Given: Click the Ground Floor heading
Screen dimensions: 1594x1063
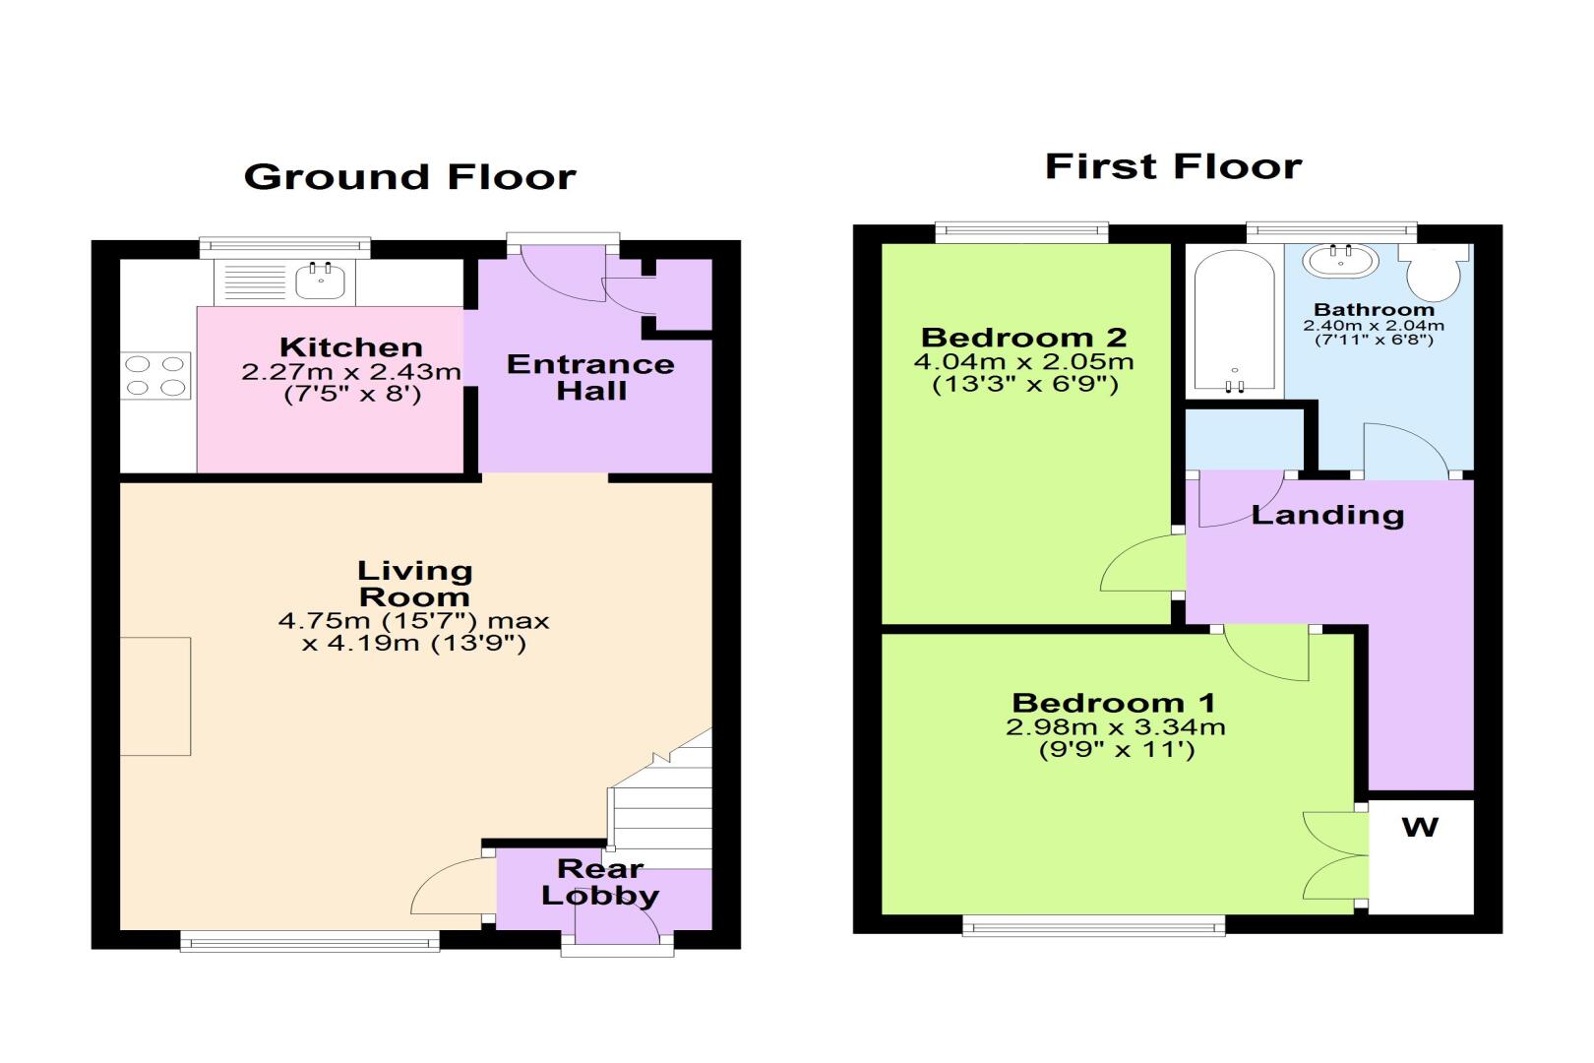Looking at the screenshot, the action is pos(410,177).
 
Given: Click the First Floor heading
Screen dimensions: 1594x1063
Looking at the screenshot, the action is pos(1174,166).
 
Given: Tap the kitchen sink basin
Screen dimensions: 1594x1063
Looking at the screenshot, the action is pos(320,281).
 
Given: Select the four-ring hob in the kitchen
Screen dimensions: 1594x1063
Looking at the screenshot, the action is pos(155,375).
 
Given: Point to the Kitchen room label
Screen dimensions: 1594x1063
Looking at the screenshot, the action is pos(351,347).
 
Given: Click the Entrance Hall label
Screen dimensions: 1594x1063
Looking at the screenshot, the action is pos(590,377).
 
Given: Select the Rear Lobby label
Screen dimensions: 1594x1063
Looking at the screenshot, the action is pos(600,882).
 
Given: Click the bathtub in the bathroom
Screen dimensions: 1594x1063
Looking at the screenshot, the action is pos(1235,321).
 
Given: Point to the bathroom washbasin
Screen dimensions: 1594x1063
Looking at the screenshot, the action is pos(1341,261).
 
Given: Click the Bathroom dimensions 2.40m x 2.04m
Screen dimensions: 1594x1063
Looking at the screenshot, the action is pos(1374,326).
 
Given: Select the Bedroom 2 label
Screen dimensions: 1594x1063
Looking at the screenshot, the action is pos(1024,337).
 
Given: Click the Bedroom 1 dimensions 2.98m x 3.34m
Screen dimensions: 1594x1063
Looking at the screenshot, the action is pos(1115,727).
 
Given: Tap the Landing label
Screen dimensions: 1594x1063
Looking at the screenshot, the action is pos(1328,515).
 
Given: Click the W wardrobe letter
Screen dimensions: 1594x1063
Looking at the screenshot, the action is pos(1421,827).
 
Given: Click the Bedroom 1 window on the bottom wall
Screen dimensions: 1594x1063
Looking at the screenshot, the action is pos(1094,925).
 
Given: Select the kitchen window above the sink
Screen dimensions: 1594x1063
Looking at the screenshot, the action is pos(284,246).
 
